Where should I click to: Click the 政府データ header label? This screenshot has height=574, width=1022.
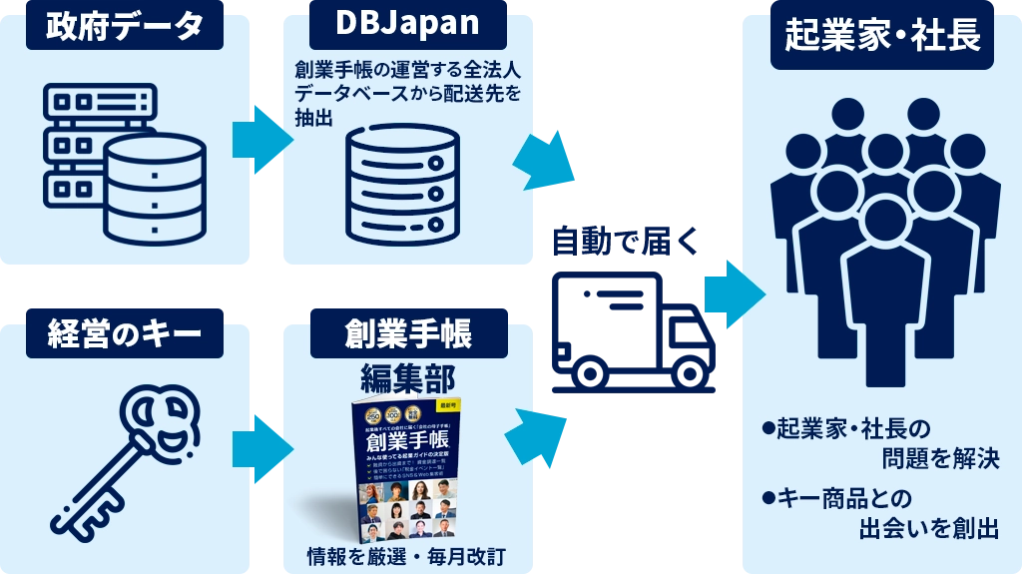point(124,26)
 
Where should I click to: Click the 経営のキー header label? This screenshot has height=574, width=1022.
point(124,333)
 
